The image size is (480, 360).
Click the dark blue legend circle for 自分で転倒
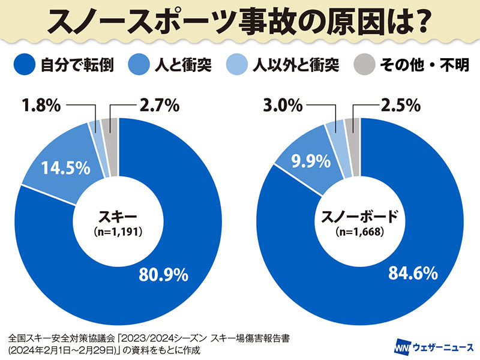click(x=23, y=64)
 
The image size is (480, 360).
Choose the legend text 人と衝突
click(x=184, y=65)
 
